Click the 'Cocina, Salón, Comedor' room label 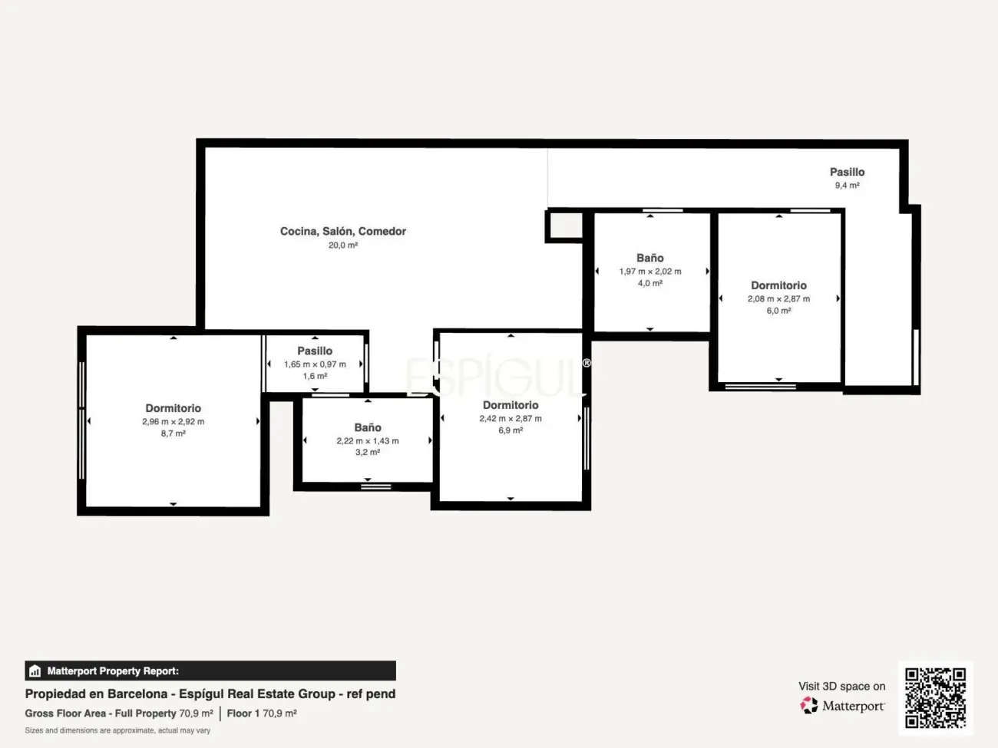click(x=343, y=232)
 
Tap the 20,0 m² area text click(x=343, y=245)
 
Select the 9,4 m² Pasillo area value click(x=847, y=186)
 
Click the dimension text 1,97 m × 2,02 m click(x=650, y=272)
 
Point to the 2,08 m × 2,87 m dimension click(x=779, y=299)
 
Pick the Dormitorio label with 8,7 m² click(x=173, y=408)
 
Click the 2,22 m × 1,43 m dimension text click(x=368, y=441)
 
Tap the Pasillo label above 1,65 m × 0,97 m click(x=315, y=351)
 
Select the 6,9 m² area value click(x=511, y=430)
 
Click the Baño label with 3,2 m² click(x=368, y=427)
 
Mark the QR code click(x=935, y=697)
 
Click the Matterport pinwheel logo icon click(x=809, y=706)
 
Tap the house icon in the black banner click(x=35, y=671)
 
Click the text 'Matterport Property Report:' click(x=113, y=671)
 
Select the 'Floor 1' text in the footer click(x=243, y=713)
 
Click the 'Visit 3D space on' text click(x=842, y=686)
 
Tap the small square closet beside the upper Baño click(x=566, y=226)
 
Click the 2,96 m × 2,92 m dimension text click(x=173, y=422)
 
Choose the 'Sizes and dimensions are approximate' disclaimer click(x=117, y=730)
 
